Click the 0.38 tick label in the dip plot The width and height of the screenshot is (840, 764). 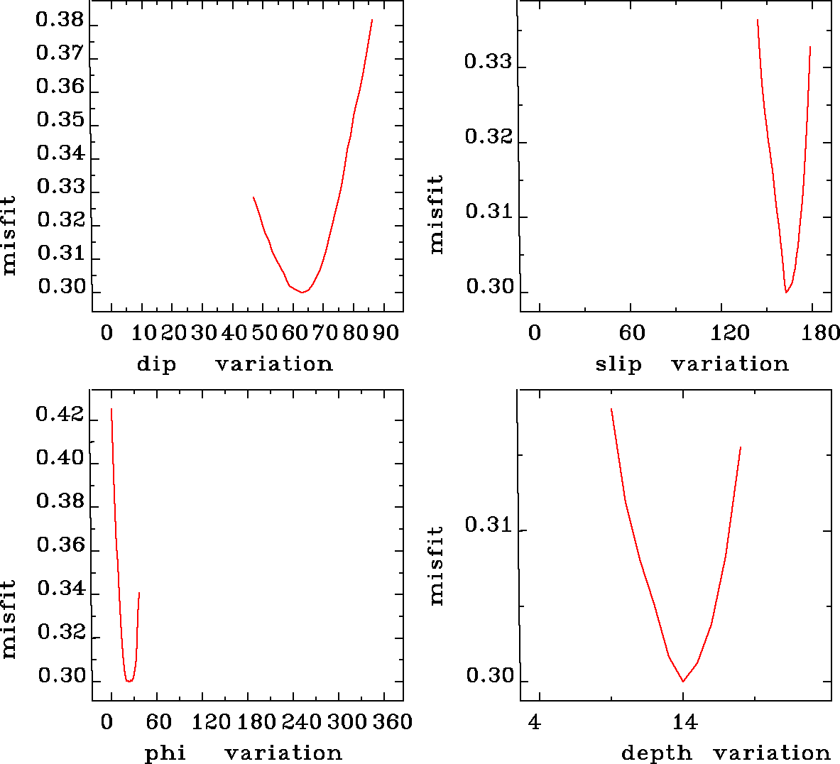coord(60,21)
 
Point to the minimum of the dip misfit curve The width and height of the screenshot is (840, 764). coord(302,292)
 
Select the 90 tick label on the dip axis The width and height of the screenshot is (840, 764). coord(386,334)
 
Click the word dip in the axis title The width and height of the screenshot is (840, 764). coord(156,365)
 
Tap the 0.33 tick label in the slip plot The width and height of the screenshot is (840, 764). coord(488,62)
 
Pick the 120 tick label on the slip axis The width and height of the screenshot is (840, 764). coord(731,334)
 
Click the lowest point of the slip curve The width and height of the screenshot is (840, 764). coord(786,292)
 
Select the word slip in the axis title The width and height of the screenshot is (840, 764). coord(618,365)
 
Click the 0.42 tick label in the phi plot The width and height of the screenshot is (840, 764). coord(60,415)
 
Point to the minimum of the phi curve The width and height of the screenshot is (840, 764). coord(129,681)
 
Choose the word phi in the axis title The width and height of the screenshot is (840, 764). coord(165,753)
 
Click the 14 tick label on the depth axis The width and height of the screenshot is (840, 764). coord(684,723)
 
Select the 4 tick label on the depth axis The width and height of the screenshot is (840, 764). coord(535,723)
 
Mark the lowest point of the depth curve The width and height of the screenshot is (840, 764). coord(683,681)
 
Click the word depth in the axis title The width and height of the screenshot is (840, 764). coord(656,753)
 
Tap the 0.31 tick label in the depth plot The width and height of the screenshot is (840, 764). coord(488,526)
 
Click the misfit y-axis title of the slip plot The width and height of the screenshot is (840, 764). coord(436,214)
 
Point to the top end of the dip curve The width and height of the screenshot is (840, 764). coord(372,20)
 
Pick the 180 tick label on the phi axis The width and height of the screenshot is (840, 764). coord(256,723)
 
